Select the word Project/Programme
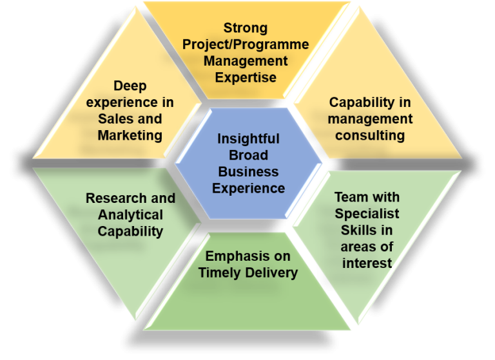click(x=246, y=45)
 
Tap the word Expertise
click(x=246, y=77)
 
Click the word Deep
click(x=130, y=86)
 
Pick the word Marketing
click(x=130, y=136)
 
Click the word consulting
click(x=370, y=136)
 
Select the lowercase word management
click(x=370, y=119)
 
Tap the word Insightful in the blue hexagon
click(x=248, y=139)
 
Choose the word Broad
click(x=248, y=155)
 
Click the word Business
click(x=248, y=172)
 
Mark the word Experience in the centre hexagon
click(x=248, y=188)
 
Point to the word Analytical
click(x=130, y=215)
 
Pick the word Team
click(x=351, y=197)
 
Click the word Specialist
click(x=367, y=214)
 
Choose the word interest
click(x=367, y=263)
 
